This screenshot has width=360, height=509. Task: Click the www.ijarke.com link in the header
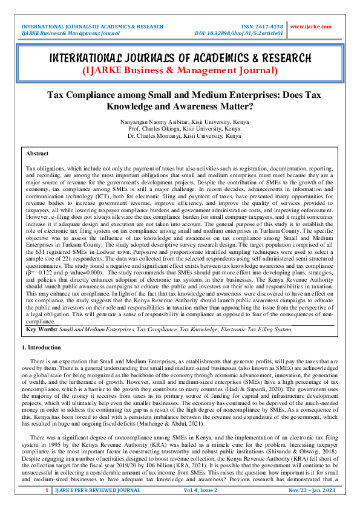[311, 27]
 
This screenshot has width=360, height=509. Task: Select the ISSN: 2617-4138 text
[262, 27]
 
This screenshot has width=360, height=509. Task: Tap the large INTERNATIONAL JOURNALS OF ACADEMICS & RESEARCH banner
[180, 58]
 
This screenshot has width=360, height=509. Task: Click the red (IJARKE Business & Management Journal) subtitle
[180, 71]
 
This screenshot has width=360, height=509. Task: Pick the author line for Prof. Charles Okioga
[180, 129]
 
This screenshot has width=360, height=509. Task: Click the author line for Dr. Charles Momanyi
[180, 137]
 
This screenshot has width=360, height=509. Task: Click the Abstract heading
[38, 154]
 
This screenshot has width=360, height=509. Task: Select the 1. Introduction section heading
[41, 348]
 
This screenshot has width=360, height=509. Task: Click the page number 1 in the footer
[47, 497]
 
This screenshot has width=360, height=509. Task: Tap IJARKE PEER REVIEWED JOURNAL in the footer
[94, 497]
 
